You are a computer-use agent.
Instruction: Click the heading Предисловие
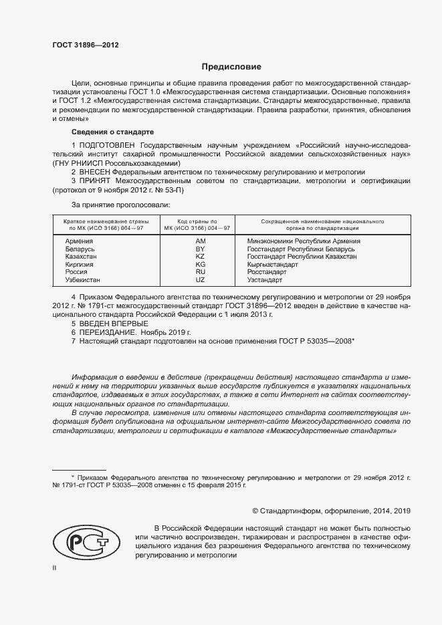(232, 67)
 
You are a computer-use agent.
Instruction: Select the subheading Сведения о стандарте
(112, 132)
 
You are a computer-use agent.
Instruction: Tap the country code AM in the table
(200, 241)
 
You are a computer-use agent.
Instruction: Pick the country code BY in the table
(200, 249)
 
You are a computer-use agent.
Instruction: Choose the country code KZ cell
(200, 257)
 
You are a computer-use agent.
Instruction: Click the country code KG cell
(200, 265)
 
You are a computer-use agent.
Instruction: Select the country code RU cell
(200, 272)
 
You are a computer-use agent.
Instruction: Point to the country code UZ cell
(200, 280)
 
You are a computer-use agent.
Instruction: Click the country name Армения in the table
(80, 241)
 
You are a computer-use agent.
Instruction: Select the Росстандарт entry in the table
(266, 272)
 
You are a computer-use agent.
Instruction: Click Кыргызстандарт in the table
(273, 265)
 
